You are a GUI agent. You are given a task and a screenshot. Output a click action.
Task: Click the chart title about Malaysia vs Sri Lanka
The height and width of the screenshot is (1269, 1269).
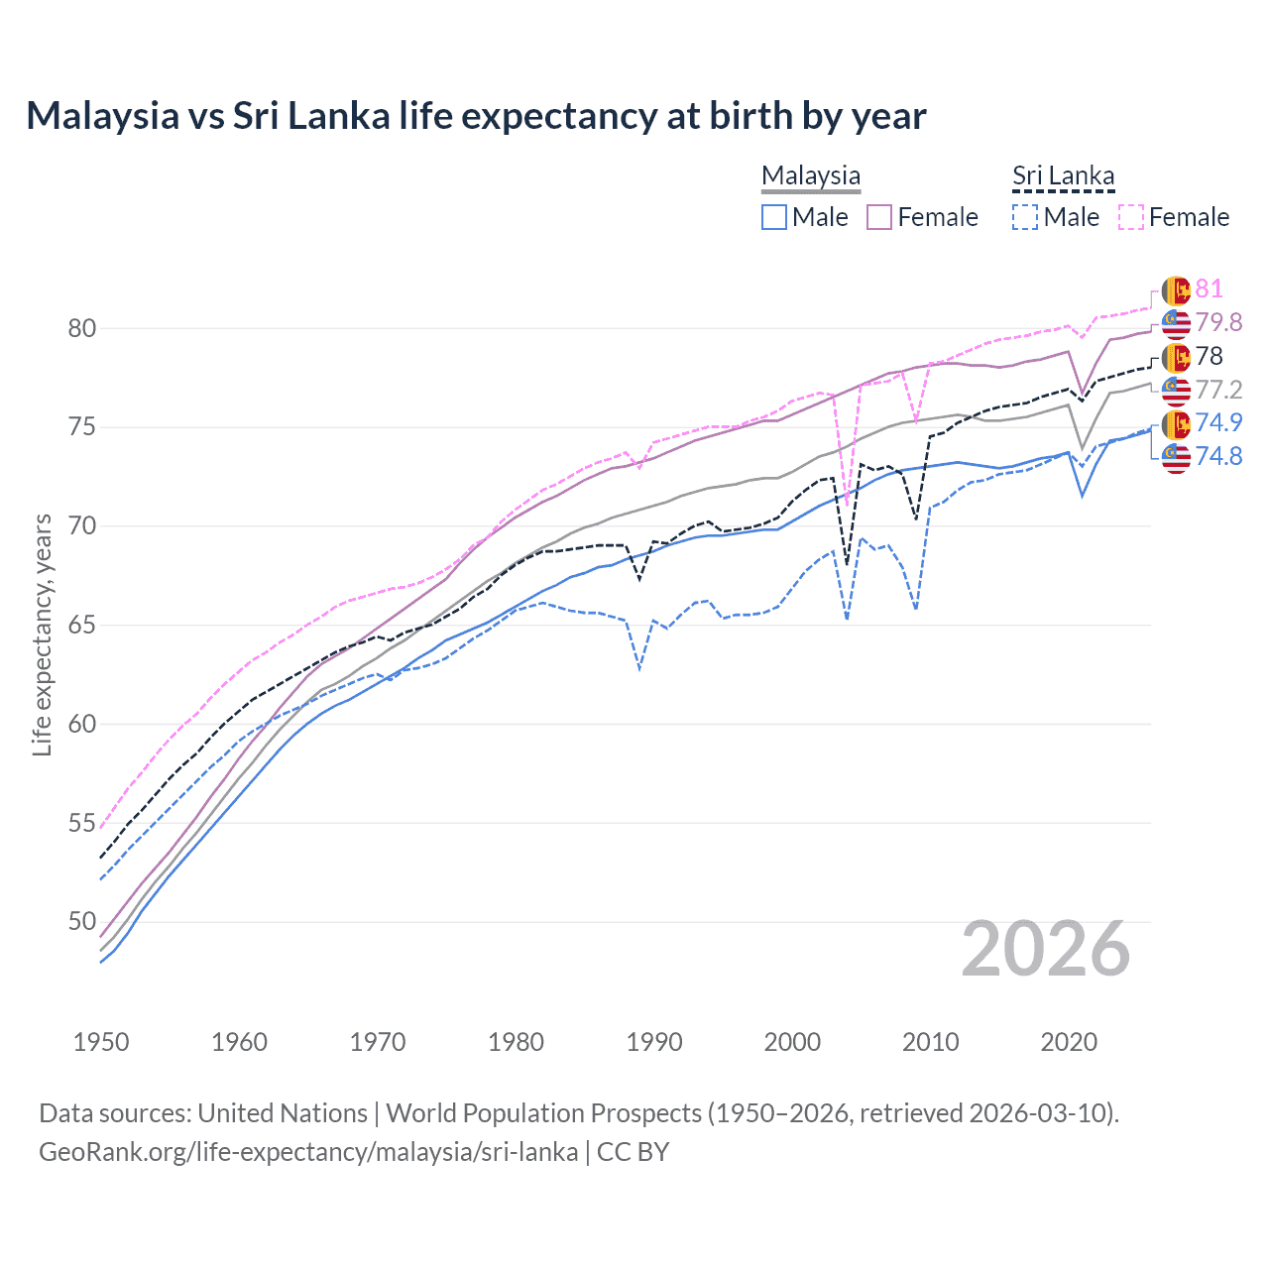click(x=476, y=116)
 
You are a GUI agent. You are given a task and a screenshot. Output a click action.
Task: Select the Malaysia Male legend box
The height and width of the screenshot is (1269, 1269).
click(x=774, y=217)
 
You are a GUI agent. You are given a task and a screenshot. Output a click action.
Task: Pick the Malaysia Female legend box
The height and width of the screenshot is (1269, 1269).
click(x=879, y=217)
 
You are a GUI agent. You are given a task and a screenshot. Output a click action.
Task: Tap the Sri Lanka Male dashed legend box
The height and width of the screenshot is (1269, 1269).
click(x=1025, y=217)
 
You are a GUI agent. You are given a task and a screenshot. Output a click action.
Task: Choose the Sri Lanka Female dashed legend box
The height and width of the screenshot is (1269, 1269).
click(x=1130, y=217)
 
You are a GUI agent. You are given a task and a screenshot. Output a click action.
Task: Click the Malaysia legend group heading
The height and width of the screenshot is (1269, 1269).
click(x=811, y=175)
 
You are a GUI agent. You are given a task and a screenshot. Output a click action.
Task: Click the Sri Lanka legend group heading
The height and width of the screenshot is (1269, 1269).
click(x=1063, y=175)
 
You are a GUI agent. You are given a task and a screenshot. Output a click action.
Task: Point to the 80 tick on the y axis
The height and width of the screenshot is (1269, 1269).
click(x=81, y=328)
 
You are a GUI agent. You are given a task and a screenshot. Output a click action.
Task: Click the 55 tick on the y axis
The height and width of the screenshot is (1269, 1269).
click(x=81, y=823)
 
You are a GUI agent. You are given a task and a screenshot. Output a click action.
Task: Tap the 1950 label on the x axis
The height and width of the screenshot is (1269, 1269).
click(x=101, y=1042)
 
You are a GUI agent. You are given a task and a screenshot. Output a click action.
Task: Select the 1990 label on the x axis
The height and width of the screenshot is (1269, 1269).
click(x=654, y=1042)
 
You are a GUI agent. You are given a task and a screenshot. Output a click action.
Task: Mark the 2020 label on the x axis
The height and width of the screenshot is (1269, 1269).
click(x=1069, y=1042)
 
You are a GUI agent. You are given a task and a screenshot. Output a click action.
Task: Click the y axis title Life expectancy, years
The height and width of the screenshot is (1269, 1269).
click(x=43, y=634)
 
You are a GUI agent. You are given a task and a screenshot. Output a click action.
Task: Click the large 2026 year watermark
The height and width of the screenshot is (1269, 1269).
click(x=1046, y=950)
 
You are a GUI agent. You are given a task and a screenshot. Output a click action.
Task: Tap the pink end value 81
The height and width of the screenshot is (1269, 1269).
click(x=1209, y=288)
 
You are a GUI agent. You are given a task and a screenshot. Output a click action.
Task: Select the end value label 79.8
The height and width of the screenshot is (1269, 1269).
click(x=1218, y=322)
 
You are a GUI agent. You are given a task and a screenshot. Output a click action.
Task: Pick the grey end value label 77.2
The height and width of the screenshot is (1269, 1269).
click(x=1218, y=390)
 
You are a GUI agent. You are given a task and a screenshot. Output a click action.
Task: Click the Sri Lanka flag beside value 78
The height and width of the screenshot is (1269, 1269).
click(x=1176, y=357)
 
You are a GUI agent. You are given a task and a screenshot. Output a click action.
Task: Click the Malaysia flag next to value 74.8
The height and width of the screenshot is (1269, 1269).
click(x=1176, y=457)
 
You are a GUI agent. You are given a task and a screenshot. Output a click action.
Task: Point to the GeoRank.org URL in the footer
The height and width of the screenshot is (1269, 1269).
click(x=308, y=1152)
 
